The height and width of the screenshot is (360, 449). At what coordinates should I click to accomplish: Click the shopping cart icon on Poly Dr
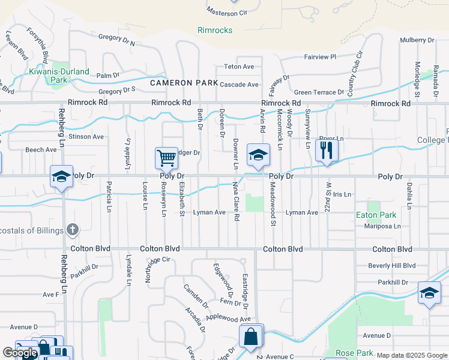click(x=166, y=158)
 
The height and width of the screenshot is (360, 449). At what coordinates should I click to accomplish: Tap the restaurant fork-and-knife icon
click(x=327, y=150)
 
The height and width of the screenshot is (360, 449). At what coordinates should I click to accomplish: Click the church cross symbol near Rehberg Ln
click(x=72, y=229)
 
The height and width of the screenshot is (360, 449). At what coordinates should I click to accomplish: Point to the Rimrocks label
click(x=215, y=30)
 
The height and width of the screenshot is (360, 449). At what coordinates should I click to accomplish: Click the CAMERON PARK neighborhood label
click(x=179, y=83)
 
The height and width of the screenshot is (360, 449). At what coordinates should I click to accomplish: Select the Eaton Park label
click(x=376, y=215)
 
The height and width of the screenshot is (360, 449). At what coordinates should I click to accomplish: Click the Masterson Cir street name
click(x=227, y=12)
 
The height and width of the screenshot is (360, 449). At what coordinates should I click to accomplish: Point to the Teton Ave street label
click(x=239, y=67)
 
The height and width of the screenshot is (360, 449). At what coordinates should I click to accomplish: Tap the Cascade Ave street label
click(x=239, y=85)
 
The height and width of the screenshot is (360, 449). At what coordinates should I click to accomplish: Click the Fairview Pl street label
click(x=316, y=57)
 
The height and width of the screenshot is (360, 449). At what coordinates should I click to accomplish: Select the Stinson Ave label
click(x=85, y=137)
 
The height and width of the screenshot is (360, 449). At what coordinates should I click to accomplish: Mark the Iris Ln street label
click(x=341, y=195)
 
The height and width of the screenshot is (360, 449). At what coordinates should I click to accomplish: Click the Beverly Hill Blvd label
click(x=393, y=265)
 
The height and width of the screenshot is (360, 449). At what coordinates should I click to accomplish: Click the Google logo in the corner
click(x=20, y=353)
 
